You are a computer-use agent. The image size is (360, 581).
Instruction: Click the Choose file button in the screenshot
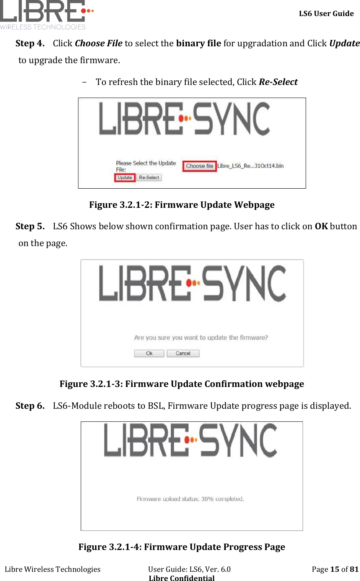click(199, 166)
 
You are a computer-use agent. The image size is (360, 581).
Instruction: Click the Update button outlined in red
click(125, 178)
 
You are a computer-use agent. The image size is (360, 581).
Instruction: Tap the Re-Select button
click(149, 178)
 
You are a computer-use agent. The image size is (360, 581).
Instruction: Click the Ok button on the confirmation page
click(149, 353)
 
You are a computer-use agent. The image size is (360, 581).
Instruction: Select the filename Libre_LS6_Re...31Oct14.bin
click(251, 166)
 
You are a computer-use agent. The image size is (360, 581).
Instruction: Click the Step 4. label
click(30, 43)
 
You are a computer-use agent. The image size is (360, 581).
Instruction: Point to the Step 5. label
click(30, 226)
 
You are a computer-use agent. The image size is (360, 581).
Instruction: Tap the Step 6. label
click(30, 406)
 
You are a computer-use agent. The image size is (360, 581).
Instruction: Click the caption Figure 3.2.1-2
click(182, 205)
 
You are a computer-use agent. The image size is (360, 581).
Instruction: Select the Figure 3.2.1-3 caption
click(182, 384)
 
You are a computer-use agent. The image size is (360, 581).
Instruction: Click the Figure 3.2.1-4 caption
click(182, 547)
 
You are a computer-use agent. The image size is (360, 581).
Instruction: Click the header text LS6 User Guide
click(326, 14)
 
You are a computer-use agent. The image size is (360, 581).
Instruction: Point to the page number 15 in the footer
click(335, 569)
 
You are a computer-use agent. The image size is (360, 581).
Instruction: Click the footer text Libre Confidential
click(182, 578)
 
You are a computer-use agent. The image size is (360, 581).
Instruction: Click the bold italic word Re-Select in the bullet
click(278, 82)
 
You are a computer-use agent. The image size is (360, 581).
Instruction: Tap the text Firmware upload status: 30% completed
click(190, 499)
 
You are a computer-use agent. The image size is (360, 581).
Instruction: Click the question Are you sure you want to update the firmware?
click(201, 338)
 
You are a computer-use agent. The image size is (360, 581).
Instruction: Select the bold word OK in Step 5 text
click(321, 226)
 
